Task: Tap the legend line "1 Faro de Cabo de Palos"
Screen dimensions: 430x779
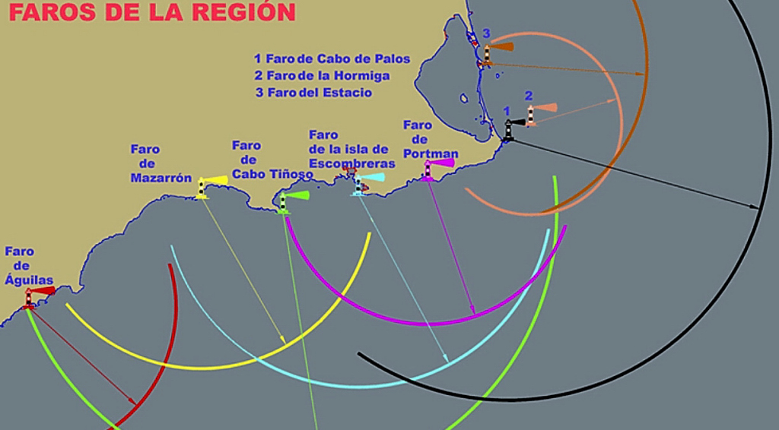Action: [x=332, y=58]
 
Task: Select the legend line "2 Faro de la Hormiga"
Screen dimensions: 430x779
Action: [x=323, y=76]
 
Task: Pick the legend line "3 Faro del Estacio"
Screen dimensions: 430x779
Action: [x=313, y=93]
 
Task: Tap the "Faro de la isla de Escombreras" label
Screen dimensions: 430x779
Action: [x=351, y=150]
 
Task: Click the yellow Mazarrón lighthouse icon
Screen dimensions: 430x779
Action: [x=202, y=187]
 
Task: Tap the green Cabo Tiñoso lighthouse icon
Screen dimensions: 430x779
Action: [x=284, y=201]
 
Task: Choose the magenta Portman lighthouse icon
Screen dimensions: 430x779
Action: [x=428, y=170]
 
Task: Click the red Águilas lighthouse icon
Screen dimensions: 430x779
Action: [x=30, y=296]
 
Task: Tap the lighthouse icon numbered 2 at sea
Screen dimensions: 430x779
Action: [x=531, y=115]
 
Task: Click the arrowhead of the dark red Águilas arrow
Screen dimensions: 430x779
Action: [x=134, y=403]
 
